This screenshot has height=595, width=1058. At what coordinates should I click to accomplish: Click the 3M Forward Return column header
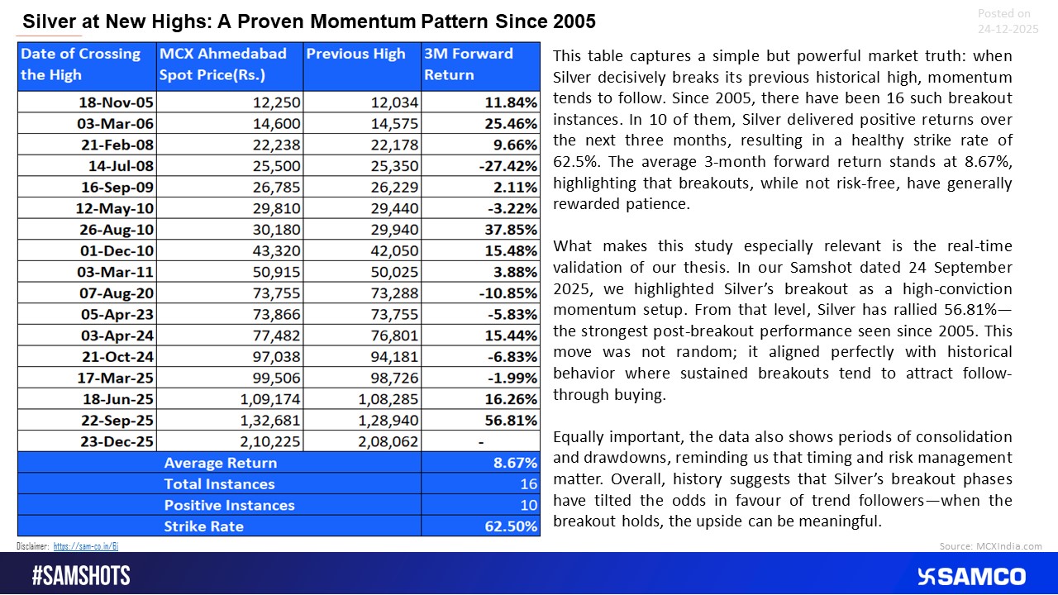pos(468,64)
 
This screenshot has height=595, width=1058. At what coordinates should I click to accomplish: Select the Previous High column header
pos(355,55)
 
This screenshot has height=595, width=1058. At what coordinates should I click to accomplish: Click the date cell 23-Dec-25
pos(121,442)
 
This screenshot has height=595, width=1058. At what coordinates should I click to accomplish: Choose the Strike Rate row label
pos(203,526)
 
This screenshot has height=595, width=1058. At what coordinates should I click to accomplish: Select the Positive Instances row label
pos(229,505)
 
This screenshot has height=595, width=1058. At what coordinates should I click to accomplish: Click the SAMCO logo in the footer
pos(971,576)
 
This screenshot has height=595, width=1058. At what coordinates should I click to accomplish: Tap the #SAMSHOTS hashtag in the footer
pos(81,576)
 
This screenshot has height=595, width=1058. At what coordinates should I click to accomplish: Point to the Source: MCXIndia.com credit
pos(990,546)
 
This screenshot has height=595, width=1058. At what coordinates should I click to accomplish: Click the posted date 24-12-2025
pos(1007,28)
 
